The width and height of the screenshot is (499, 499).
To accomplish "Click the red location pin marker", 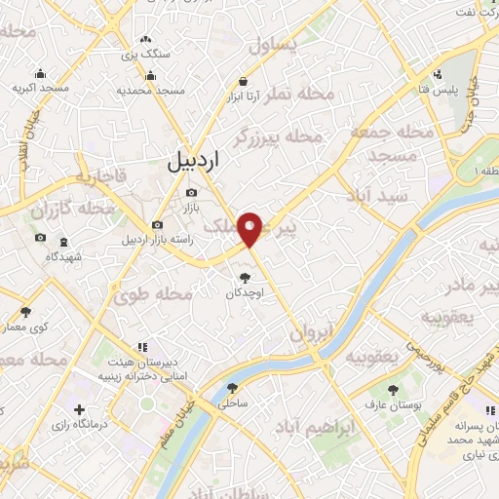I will (252, 228).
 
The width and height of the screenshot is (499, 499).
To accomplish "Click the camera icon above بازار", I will (191, 192).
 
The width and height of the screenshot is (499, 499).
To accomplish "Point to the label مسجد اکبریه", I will (40, 89).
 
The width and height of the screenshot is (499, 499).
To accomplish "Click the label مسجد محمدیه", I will (151, 90).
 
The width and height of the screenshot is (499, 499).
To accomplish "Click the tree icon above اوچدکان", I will (244, 277).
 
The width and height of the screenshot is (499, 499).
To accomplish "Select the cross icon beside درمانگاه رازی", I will (81, 409).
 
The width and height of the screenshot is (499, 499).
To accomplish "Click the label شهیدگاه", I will (63, 255).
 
